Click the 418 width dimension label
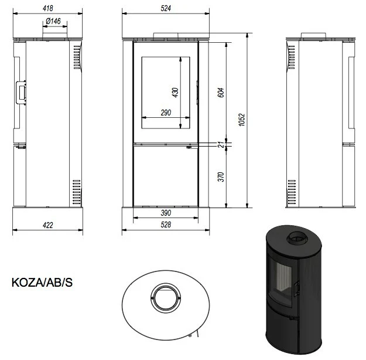point(48,8)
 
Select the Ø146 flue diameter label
point(53,21)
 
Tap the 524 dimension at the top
point(166,8)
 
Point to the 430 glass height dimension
point(175,92)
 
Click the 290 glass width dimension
point(166,113)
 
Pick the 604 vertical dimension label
point(221,92)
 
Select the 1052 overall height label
point(242,120)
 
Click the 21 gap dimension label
point(221,144)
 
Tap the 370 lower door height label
point(221,176)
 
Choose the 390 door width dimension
point(166,213)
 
